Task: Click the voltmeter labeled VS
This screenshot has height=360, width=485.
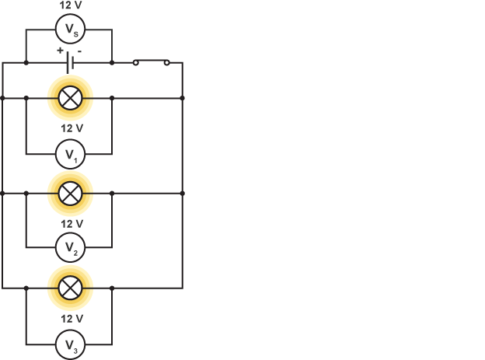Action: point(70,31)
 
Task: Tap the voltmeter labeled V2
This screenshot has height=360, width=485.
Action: point(70,248)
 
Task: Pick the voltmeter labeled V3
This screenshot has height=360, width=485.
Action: point(70,344)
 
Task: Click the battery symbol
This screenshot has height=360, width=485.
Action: point(70,62)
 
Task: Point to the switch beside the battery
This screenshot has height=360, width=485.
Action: point(151,61)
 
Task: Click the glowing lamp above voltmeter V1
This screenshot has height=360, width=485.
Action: point(70,98)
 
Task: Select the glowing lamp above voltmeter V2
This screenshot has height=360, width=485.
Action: point(70,193)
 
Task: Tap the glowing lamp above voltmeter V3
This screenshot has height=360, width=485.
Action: point(70,288)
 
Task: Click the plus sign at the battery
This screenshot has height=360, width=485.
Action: point(59,51)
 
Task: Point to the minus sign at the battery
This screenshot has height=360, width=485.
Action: point(79,51)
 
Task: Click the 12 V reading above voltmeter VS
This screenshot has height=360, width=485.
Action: point(70,5)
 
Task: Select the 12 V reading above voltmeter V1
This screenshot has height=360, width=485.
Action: point(70,128)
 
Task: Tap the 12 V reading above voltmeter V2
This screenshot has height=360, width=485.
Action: point(70,223)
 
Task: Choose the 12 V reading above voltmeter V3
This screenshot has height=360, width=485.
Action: point(70,319)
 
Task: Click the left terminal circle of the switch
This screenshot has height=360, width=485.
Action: point(135,62)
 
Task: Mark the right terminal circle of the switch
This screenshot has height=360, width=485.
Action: point(166,62)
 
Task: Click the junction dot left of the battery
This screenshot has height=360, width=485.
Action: point(26,62)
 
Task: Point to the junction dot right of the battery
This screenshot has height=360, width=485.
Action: point(113,62)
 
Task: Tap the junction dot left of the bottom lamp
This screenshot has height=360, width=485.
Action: point(26,288)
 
